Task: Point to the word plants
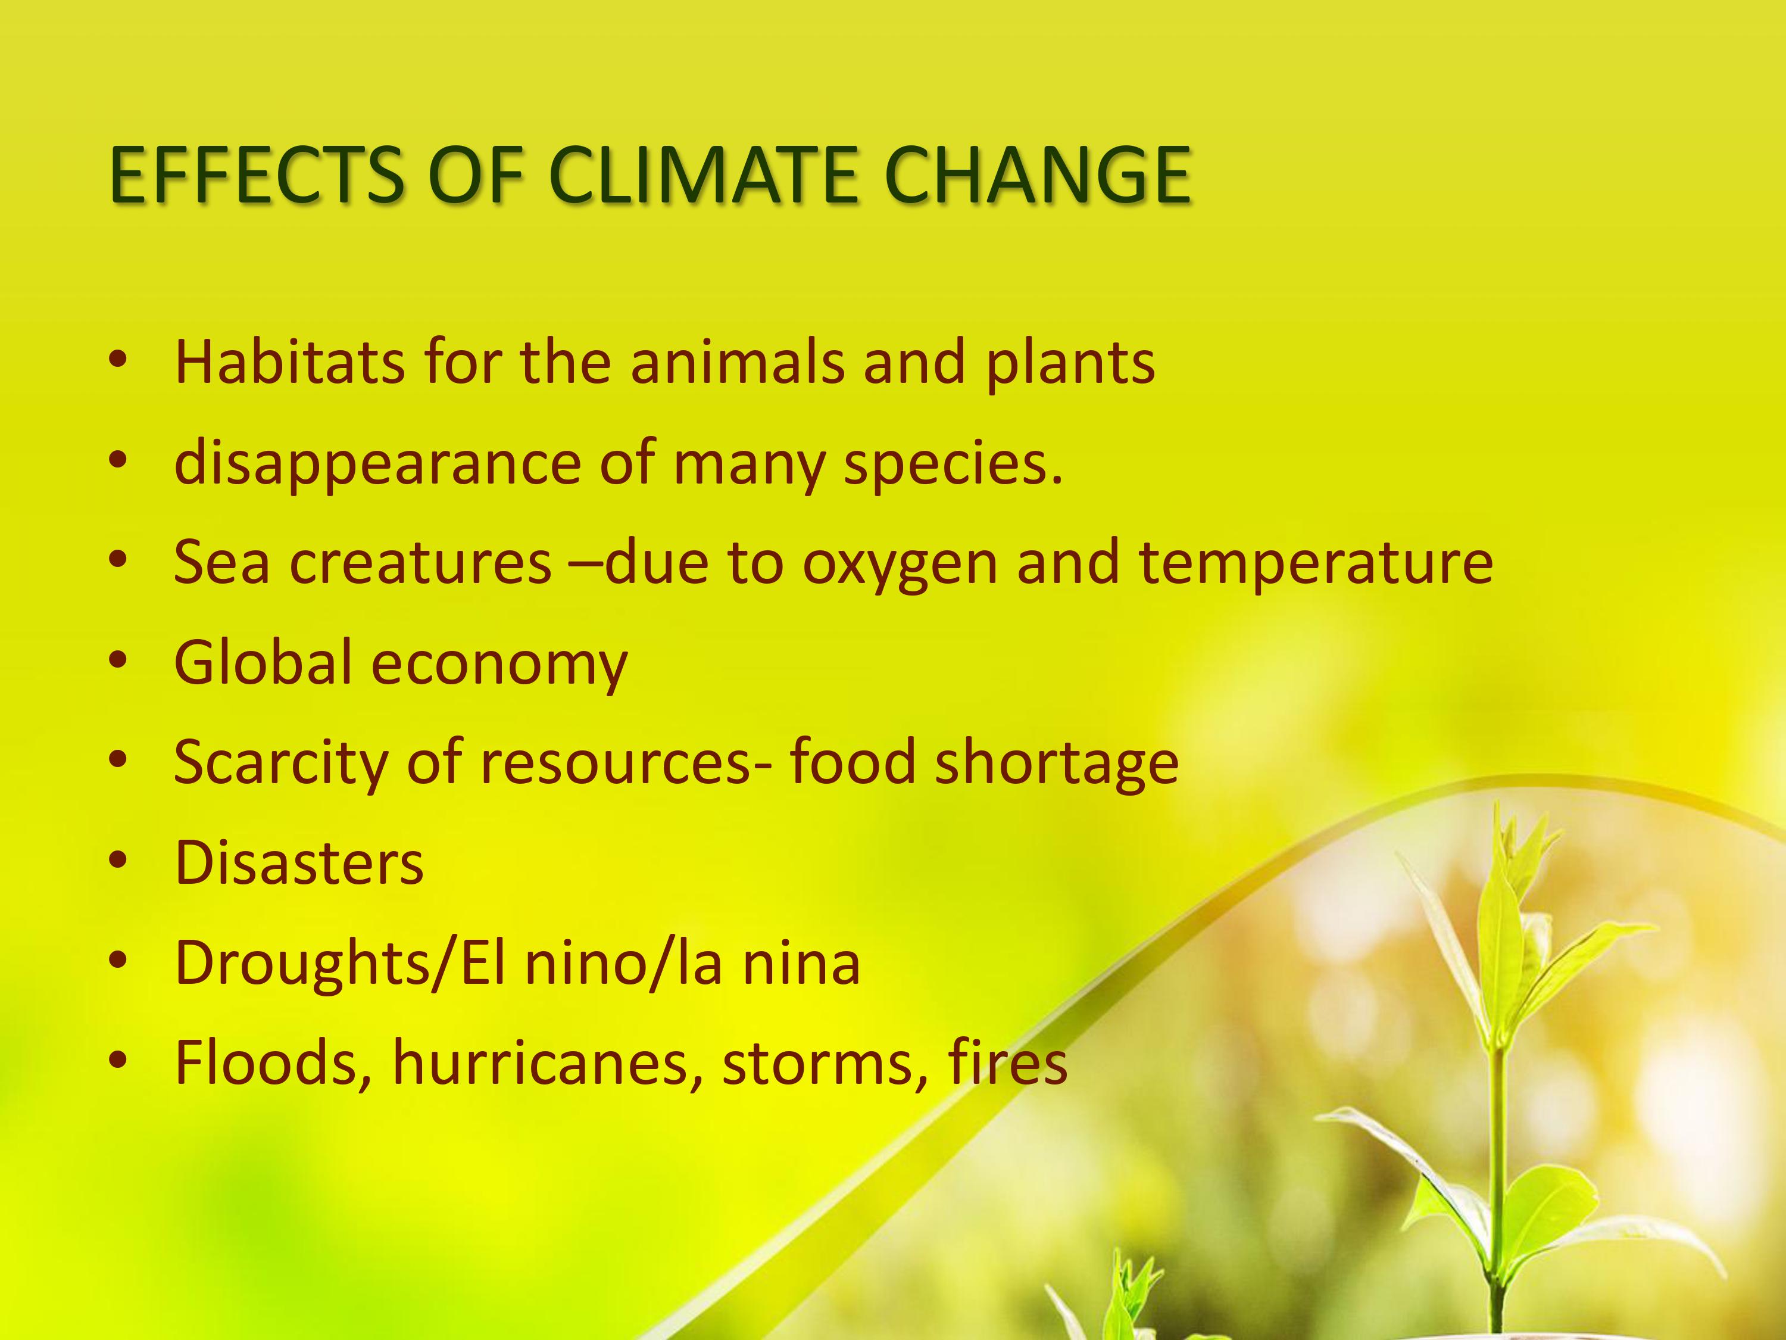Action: coord(1070,363)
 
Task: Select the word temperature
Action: coord(1316,565)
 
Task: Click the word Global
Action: coord(263,662)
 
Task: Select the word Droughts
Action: coord(304,964)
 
